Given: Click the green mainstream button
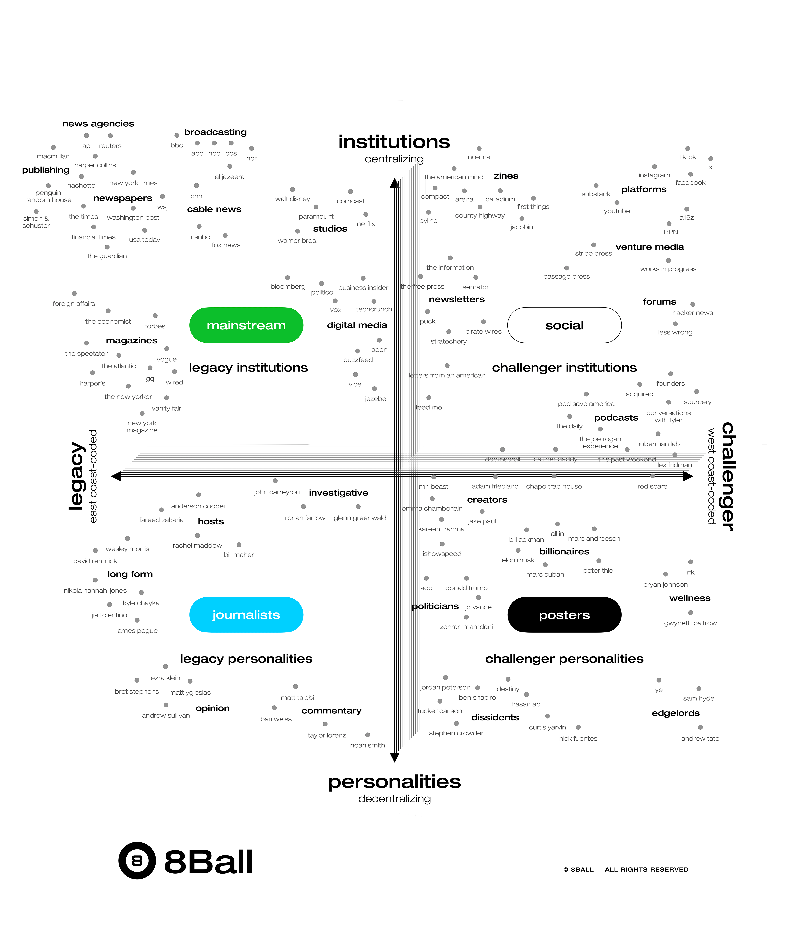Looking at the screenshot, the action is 246,325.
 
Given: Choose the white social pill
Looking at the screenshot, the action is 564,325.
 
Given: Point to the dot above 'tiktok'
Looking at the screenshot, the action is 687,149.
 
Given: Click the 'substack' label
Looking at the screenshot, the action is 596,194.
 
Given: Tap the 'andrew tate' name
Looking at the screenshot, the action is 700,738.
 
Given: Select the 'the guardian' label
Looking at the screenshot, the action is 107,256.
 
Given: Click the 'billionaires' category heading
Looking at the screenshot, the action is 564,551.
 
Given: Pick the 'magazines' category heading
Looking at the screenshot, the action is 132,340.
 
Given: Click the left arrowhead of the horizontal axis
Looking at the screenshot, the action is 116,476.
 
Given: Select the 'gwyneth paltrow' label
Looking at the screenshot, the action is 690,623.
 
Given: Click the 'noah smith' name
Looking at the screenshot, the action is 367,745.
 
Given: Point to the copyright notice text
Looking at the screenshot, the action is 626,869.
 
